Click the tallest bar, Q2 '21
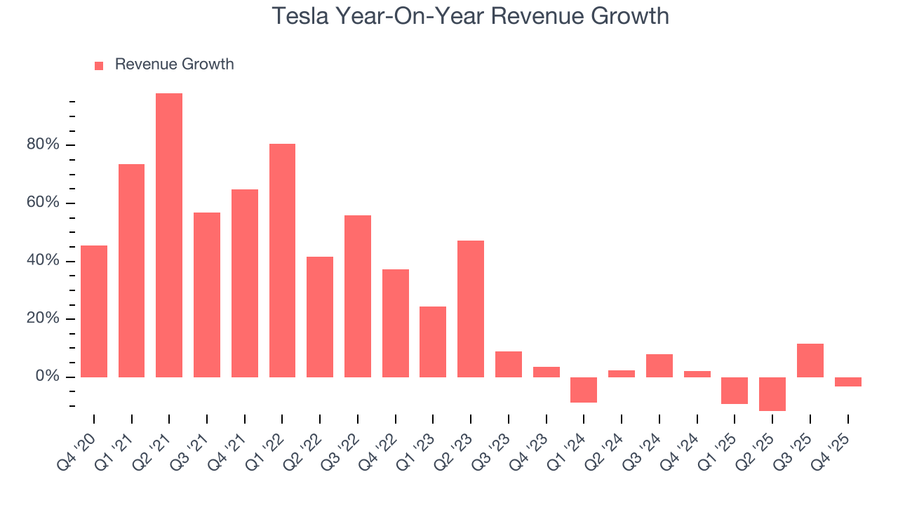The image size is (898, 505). click(169, 235)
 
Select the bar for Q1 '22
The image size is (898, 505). click(282, 260)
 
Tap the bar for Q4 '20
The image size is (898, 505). click(94, 311)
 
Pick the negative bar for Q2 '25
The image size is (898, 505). click(772, 394)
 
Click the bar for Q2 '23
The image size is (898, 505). click(471, 309)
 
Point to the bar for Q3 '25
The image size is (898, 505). click(810, 361)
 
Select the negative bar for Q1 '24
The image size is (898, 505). click(584, 390)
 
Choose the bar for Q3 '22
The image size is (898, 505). click(358, 296)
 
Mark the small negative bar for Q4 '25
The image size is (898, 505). click(848, 382)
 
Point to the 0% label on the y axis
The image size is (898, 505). click(48, 377)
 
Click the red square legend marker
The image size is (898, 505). click(99, 65)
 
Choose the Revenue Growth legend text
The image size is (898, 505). click(174, 65)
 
